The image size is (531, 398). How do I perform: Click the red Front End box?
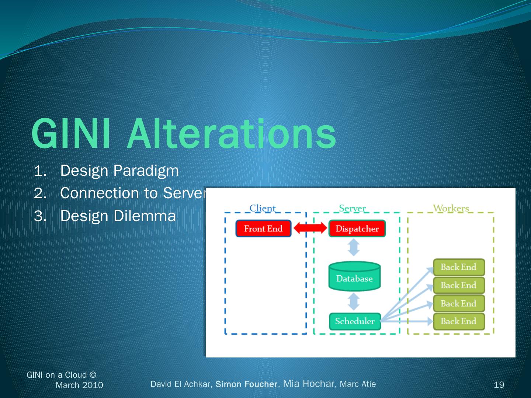point(263,228)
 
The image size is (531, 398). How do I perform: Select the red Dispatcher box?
point(357,228)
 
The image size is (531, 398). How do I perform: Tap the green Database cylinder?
point(354,276)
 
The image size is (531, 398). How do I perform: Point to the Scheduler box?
point(354,321)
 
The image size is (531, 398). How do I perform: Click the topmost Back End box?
point(458,267)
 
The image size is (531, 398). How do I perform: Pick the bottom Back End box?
point(458,321)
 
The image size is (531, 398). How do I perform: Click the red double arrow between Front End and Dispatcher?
point(310,228)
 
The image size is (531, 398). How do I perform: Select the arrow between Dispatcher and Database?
point(354,247)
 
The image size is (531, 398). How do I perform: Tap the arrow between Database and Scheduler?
point(354,301)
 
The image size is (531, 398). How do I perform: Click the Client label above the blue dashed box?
point(263,208)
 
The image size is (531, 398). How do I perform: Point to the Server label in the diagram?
point(352,208)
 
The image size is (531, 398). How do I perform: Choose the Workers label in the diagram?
point(451,208)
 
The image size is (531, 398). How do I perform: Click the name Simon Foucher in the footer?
point(246,384)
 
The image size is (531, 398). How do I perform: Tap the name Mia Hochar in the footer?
point(309,384)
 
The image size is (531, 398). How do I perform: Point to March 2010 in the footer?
point(79,385)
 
